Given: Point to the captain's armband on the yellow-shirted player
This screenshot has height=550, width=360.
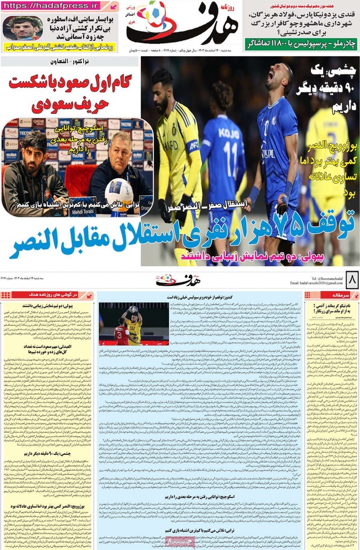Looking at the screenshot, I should pyautogui.click(x=193, y=146).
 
